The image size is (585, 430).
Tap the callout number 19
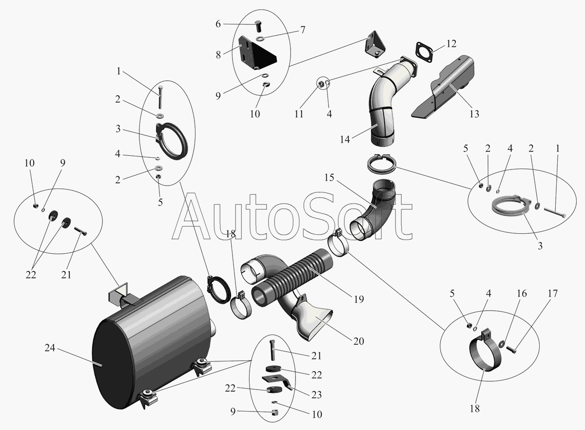(359, 299)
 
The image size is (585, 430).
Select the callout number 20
(359, 341)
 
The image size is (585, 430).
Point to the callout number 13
(474, 114)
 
